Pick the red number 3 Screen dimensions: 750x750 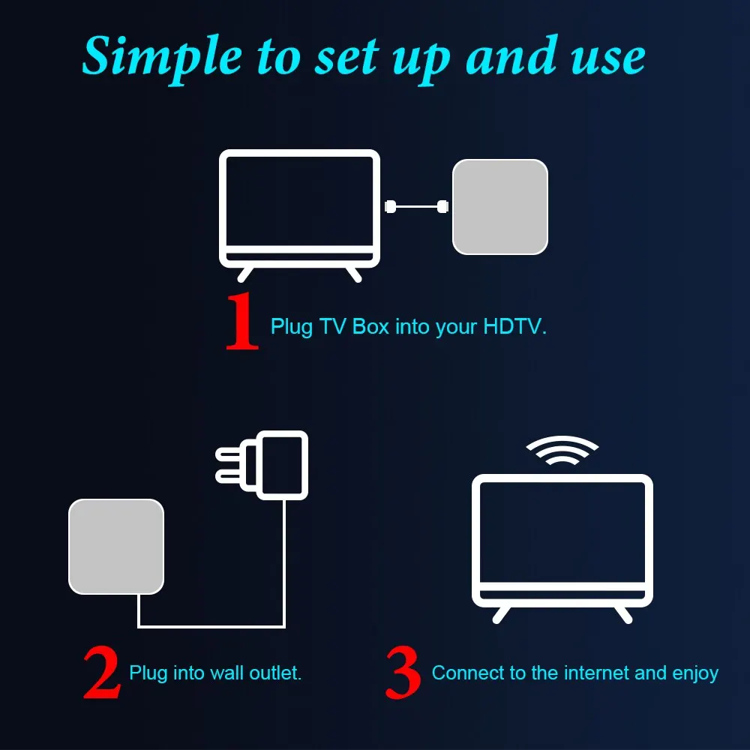pos(403,673)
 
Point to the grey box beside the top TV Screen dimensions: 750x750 pos(499,206)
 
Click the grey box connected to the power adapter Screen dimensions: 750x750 pos(116,546)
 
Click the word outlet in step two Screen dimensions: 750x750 pos(277,673)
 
